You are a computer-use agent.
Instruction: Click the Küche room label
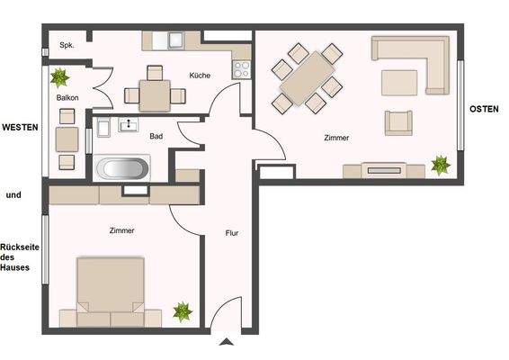click(200, 76)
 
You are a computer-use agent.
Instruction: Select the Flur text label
click(231, 233)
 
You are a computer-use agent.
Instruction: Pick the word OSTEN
click(485, 109)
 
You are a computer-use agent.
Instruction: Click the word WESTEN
click(20, 128)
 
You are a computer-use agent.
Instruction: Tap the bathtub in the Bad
click(125, 168)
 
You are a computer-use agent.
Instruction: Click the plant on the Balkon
click(60, 76)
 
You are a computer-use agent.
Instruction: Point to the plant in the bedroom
click(183, 311)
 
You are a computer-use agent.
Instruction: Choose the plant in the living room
click(440, 165)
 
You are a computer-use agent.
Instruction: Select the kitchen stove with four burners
click(241, 68)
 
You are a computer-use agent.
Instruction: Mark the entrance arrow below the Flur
click(226, 341)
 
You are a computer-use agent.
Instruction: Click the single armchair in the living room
click(397, 121)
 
